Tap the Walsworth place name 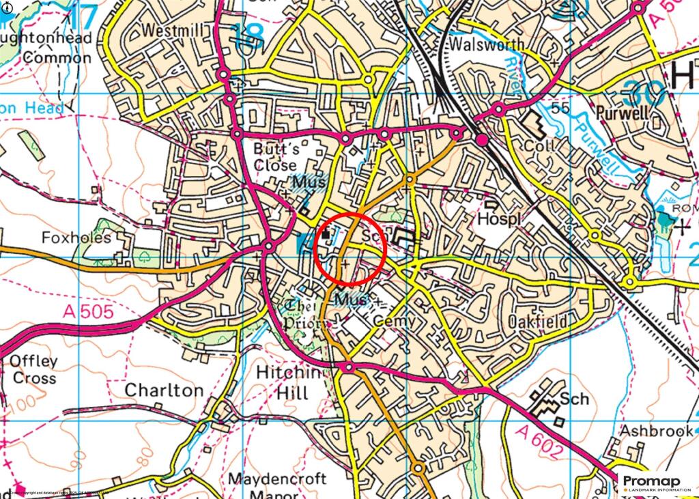pos(488,44)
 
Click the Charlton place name pos(164,390)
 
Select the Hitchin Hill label pos(283,383)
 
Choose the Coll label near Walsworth pos(537,146)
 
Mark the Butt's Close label pos(275,156)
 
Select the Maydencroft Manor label pos(277,486)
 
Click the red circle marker pos(351,248)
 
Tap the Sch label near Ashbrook pos(573,399)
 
